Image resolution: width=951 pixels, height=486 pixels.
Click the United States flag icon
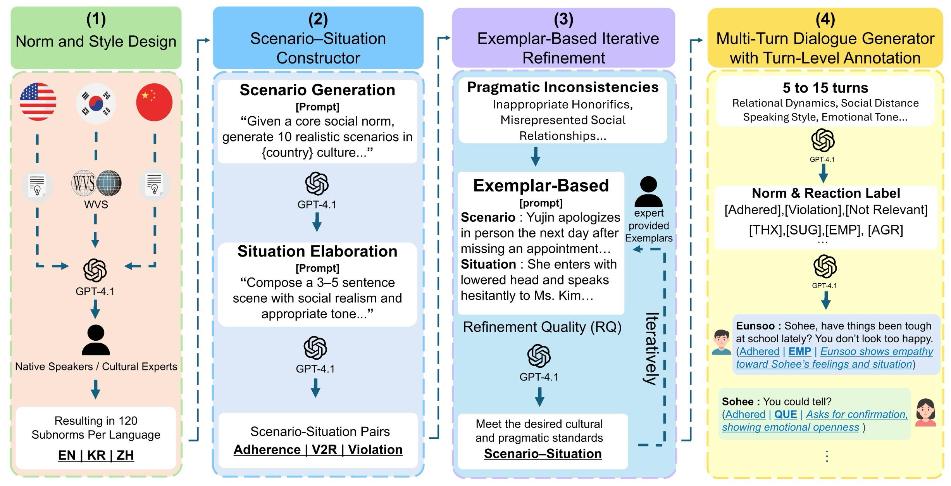point(38,102)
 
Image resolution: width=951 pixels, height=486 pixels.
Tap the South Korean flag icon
point(96,103)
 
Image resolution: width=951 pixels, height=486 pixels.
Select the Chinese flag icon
point(154,102)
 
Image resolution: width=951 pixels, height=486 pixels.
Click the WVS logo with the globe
point(96,183)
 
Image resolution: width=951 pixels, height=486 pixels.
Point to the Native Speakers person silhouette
point(96,340)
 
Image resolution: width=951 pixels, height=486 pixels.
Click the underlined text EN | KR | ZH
point(96,455)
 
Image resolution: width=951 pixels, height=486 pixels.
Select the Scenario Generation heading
point(317,90)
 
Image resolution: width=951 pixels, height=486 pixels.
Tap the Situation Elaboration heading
point(317,251)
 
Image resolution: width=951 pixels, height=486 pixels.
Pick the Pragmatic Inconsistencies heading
point(563,87)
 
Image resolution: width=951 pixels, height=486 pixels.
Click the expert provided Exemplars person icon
point(648,191)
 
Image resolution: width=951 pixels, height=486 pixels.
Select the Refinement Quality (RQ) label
point(542,327)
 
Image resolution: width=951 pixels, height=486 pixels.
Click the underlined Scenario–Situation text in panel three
point(543,453)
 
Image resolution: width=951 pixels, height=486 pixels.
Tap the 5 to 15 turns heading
point(825,88)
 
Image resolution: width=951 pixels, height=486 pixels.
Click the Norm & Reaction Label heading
point(826,193)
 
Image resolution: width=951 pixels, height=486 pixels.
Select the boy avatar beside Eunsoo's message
point(721,342)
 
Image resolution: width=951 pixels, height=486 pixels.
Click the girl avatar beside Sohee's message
point(925,412)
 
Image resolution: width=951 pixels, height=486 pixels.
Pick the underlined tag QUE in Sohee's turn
point(785,414)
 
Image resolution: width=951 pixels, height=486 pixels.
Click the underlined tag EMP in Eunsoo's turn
point(799,352)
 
